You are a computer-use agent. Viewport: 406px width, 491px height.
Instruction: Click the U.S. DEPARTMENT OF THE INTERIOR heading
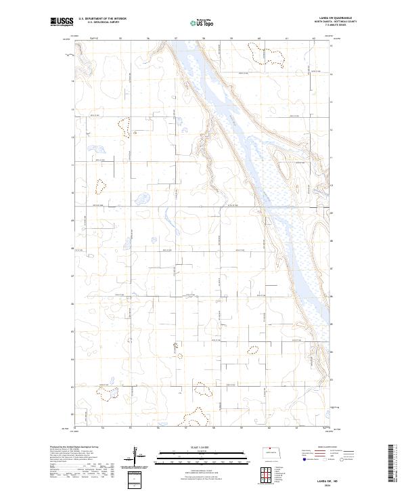(103, 18)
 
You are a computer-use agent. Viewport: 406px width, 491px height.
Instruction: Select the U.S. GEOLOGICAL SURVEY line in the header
(103, 22)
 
